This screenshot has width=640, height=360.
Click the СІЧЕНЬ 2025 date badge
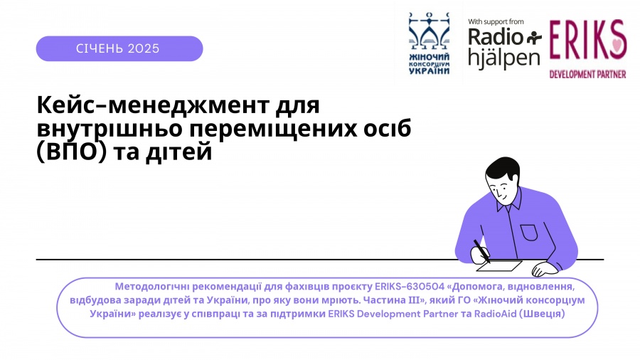[119, 48]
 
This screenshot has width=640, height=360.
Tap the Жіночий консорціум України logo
[429, 43]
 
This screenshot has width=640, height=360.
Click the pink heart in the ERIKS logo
[619, 43]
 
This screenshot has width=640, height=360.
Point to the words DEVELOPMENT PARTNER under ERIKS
[587, 74]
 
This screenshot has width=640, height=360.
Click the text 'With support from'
[496, 21]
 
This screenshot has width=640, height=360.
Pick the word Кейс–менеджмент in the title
[153, 105]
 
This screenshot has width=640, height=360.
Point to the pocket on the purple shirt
[528, 232]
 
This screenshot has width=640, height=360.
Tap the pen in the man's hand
[481, 251]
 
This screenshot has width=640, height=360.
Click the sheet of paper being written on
[499, 265]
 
